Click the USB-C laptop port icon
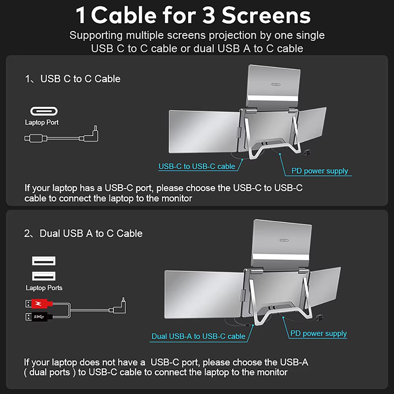[44, 111]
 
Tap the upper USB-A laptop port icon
[43, 261]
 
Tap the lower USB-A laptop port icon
[43, 276]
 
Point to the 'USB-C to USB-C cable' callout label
[197, 166]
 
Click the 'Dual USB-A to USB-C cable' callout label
[198, 336]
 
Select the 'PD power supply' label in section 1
[320, 171]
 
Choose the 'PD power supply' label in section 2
[318, 333]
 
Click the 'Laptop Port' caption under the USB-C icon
[42, 123]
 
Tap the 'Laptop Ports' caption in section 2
[44, 288]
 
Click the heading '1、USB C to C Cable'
[72, 79]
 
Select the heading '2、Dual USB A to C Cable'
[83, 233]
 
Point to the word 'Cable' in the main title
[123, 16]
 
